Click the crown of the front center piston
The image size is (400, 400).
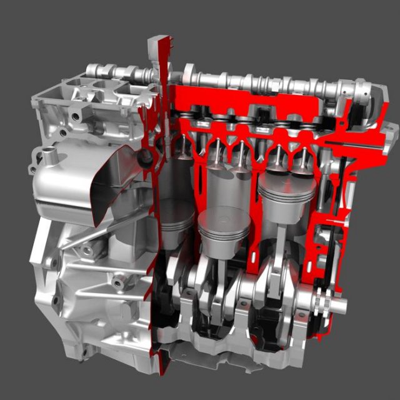(223, 218)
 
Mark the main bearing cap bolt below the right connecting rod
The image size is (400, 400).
(275, 331)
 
